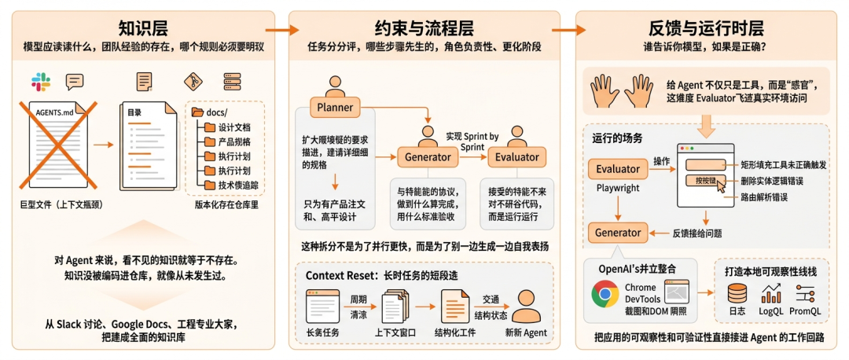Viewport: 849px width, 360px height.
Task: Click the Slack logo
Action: click(39, 81)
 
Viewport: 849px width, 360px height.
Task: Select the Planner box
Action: click(336, 107)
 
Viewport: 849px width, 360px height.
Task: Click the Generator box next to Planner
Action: click(428, 157)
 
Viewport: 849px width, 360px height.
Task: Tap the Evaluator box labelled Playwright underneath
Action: click(617, 168)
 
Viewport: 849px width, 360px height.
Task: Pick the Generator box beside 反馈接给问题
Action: click(617, 233)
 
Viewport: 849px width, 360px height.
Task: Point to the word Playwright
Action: click(617, 189)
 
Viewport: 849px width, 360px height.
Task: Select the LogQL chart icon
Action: click(771, 294)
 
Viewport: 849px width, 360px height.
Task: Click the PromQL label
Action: click(805, 311)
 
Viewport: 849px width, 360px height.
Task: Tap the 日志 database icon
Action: click(737, 294)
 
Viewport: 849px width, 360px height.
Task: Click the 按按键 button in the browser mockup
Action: click(705, 181)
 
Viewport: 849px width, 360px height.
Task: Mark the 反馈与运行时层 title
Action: click(711, 28)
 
